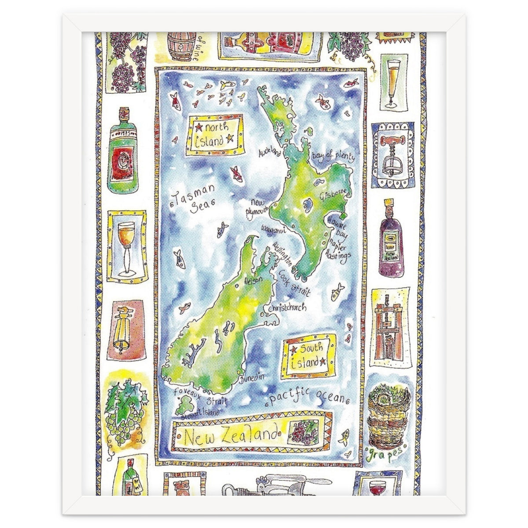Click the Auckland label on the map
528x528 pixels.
[270, 153]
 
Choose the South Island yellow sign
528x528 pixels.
[308, 356]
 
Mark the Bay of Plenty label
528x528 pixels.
[332, 157]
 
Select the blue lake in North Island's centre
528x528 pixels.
[307, 204]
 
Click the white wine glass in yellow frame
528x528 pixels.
[127, 246]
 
